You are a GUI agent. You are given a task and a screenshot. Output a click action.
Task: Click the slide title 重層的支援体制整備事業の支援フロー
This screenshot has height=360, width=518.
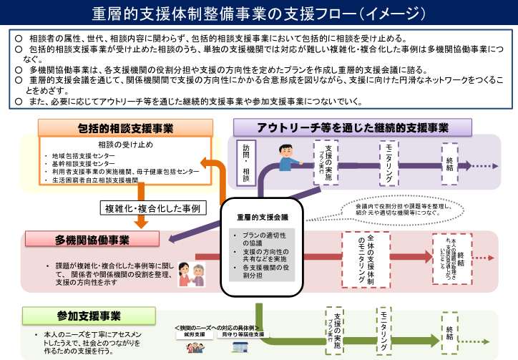point(259,14)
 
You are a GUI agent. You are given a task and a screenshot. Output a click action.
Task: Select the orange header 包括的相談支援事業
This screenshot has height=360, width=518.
point(125,128)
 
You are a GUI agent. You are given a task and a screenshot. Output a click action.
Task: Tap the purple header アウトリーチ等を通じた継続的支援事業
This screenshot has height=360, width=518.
point(353,127)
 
